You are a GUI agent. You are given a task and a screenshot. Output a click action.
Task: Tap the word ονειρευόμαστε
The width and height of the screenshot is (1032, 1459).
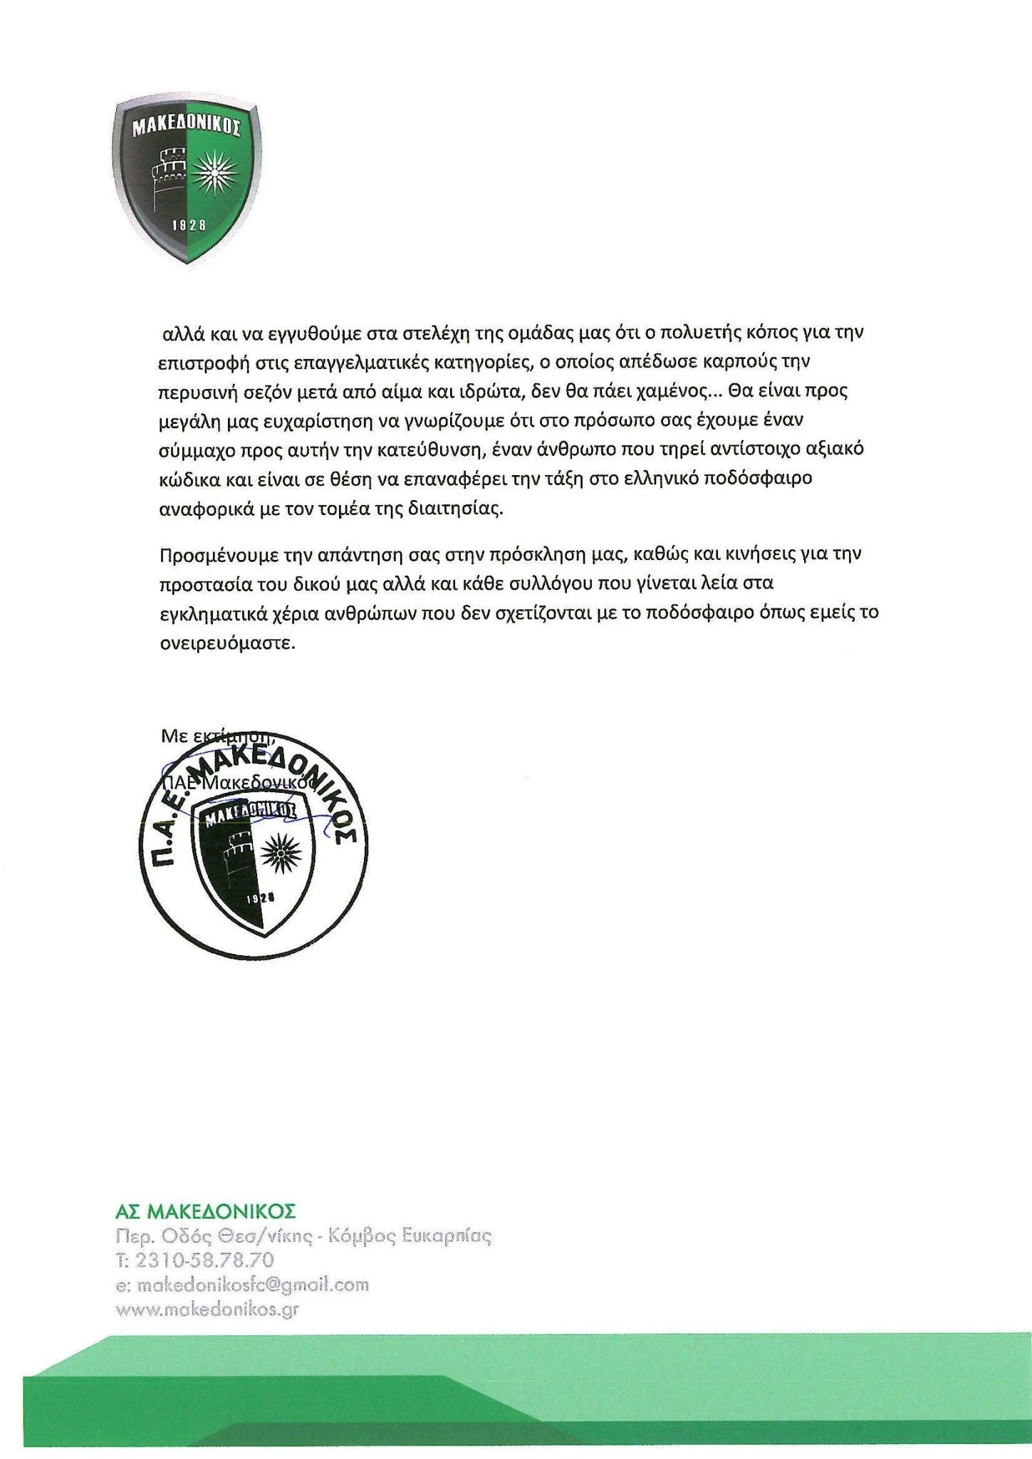226,643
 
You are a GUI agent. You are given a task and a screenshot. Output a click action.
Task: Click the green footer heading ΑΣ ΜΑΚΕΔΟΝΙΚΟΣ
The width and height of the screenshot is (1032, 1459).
205,1212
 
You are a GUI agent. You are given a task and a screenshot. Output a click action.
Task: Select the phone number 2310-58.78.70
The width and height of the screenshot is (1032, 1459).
204,1260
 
